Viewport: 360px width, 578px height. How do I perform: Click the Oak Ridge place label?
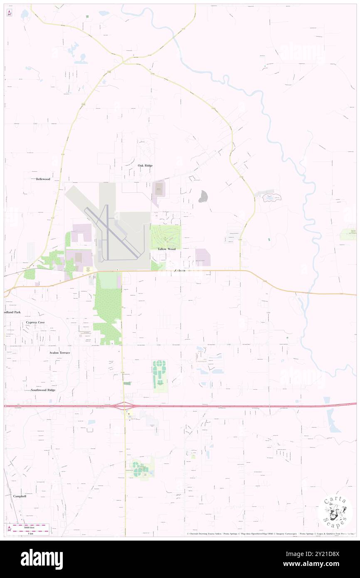point(145,165)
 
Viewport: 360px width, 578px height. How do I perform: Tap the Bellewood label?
point(43,179)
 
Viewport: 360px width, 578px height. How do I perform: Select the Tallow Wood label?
point(166,249)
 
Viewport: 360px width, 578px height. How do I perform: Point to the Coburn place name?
point(180,271)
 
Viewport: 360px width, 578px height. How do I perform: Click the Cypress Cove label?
point(35,322)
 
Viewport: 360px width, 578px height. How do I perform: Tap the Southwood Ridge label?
point(43,390)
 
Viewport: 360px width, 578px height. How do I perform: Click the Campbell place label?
point(20,496)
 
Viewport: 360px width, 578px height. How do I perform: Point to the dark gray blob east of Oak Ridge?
point(203,196)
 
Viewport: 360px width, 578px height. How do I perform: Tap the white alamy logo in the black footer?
point(42,559)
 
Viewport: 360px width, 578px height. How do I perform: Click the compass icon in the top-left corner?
point(9,12)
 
